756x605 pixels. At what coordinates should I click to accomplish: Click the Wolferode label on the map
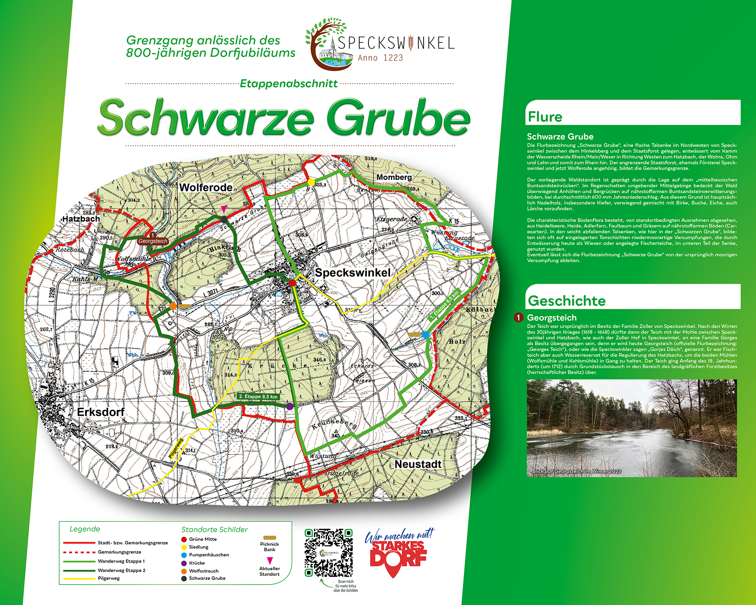pyautogui.click(x=206, y=187)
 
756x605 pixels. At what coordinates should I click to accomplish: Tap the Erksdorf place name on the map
pyautogui.click(x=100, y=412)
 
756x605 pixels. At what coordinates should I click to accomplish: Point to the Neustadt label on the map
pyautogui.click(x=418, y=464)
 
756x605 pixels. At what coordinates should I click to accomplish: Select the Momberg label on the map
pyautogui.click(x=394, y=177)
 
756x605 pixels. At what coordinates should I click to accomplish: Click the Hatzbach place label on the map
pyautogui.click(x=81, y=219)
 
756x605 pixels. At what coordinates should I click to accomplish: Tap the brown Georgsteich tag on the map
pyautogui.click(x=153, y=241)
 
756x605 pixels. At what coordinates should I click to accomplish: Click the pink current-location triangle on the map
pyautogui.click(x=224, y=209)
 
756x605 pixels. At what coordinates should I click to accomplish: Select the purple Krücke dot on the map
pyautogui.click(x=290, y=407)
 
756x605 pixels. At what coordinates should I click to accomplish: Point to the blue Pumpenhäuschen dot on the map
pyautogui.click(x=425, y=335)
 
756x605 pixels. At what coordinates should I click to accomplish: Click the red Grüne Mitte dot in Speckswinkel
pyautogui.click(x=292, y=283)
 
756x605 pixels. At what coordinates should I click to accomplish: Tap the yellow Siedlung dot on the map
pyautogui.click(x=311, y=182)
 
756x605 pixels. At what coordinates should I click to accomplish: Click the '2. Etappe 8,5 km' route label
pyautogui.click(x=258, y=397)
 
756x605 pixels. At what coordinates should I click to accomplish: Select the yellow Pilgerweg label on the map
pyautogui.click(x=176, y=448)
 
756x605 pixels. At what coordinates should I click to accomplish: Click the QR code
pyautogui.click(x=328, y=553)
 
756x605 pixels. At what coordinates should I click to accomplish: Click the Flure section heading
pyautogui.click(x=545, y=117)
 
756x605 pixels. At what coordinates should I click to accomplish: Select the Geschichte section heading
pyautogui.click(x=566, y=300)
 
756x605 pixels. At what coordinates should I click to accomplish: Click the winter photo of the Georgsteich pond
pyautogui.click(x=632, y=428)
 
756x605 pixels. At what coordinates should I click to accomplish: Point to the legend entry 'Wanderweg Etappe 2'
pyautogui.click(x=121, y=570)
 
